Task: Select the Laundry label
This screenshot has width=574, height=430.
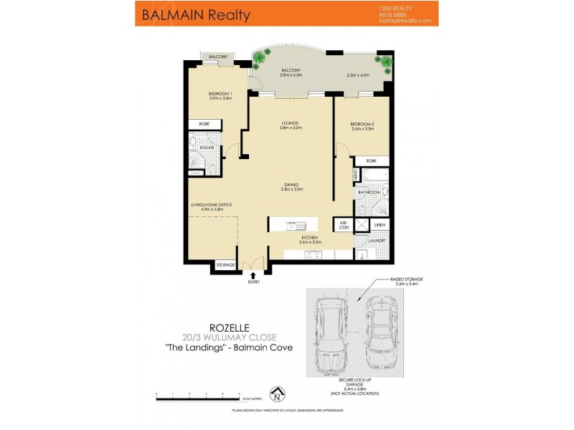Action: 380,240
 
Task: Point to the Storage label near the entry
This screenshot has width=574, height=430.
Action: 226,266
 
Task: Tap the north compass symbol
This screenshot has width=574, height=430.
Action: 276,393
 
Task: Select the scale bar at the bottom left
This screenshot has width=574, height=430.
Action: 197,395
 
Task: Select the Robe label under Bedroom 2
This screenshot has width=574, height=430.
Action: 372,161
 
